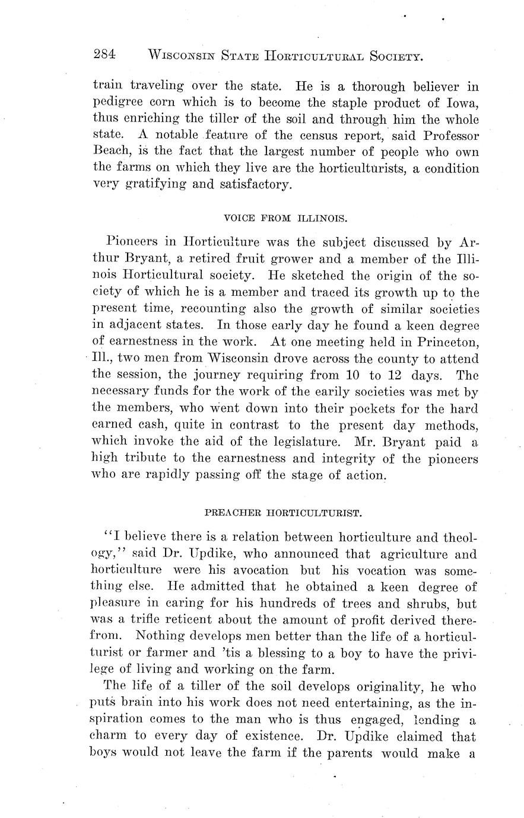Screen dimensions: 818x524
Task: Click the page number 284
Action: click(x=104, y=55)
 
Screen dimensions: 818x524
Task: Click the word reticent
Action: click(x=173, y=619)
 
